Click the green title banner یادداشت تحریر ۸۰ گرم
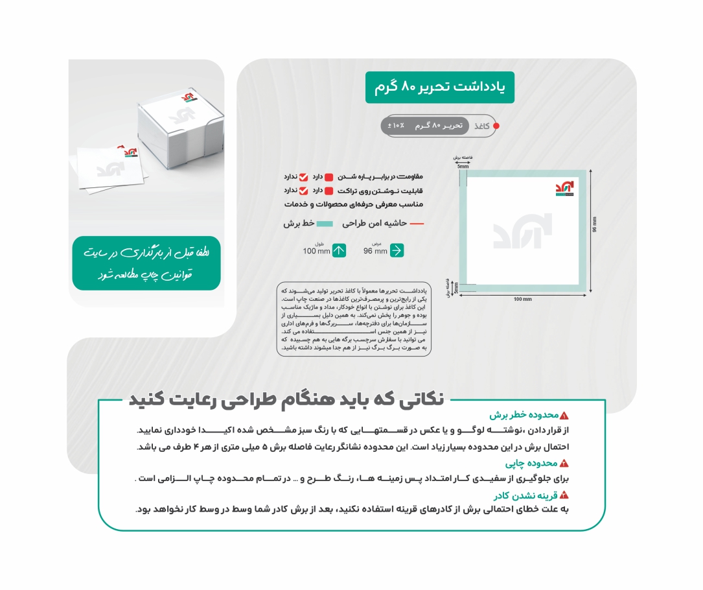[x=439, y=88]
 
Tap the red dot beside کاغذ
[x=496, y=126]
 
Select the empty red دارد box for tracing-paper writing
[x=328, y=191]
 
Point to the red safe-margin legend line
[x=417, y=223]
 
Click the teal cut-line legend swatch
[x=328, y=223]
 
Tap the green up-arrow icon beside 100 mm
[x=339, y=250]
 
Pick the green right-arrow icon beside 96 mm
[x=397, y=250]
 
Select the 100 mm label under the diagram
[x=522, y=299]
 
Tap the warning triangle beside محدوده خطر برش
[x=564, y=416]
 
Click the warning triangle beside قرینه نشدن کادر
[x=564, y=495]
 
